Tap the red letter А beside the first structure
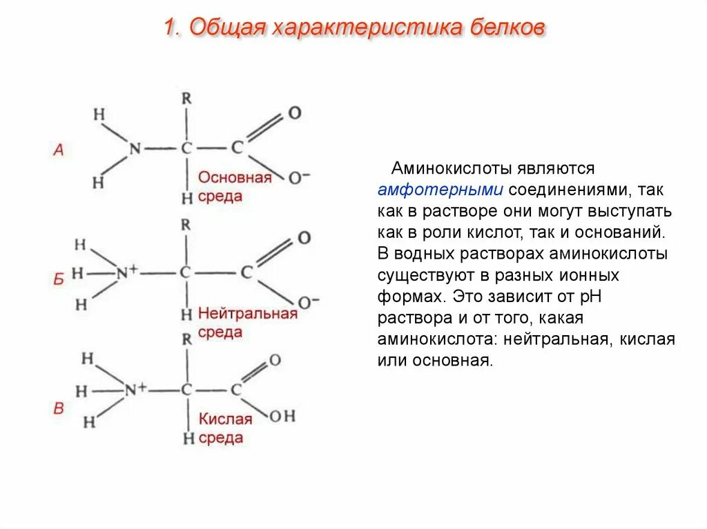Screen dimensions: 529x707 tap(59, 150)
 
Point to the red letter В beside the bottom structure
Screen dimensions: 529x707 tap(59, 409)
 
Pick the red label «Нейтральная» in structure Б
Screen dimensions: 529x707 tap(247, 314)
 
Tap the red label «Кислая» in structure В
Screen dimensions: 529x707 tap(226, 419)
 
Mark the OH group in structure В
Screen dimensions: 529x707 tap(282, 416)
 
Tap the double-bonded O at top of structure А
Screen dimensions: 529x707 tap(295, 112)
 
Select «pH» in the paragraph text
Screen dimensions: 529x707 tap(613, 297)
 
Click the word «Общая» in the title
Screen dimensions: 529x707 tap(226, 28)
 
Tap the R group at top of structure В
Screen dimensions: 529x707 tap(186, 339)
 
